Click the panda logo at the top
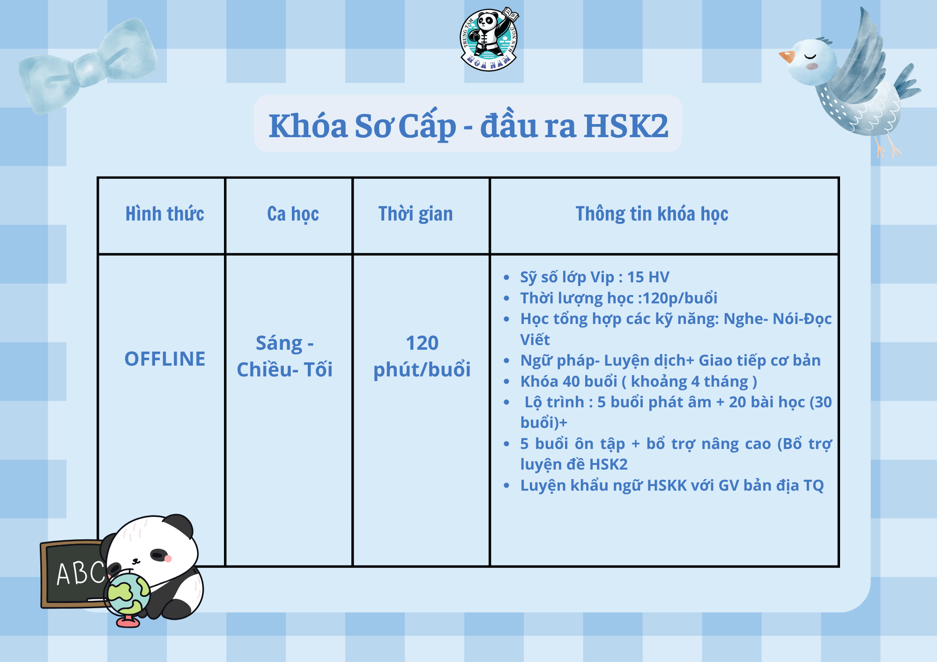point(489,39)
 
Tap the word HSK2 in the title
point(626,126)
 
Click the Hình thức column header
point(165,214)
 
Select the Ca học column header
point(293,214)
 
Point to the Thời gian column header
point(416,214)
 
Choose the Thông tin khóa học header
point(652,214)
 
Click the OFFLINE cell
point(165,359)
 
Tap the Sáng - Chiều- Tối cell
point(285,356)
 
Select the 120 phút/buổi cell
point(422,356)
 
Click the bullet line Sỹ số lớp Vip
point(595,277)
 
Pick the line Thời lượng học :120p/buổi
point(618,298)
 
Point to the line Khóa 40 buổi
point(639,382)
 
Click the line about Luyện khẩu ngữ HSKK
point(672,485)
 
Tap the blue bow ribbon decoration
point(87,66)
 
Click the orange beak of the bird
point(787,57)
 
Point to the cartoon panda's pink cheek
point(168,558)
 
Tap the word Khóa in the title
point(308,126)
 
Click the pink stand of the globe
point(128,621)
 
